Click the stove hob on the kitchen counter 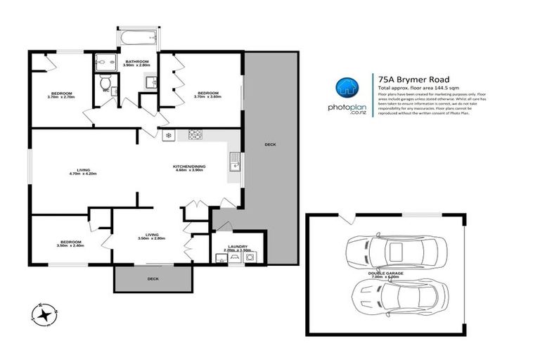pyautogui.click(x=194, y=135)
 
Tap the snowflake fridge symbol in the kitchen pyautogui.click(x=168, y=134)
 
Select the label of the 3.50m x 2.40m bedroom pyautogui.click(x=70, y=243)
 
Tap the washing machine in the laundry pyautogui.click(x=252, y=257)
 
